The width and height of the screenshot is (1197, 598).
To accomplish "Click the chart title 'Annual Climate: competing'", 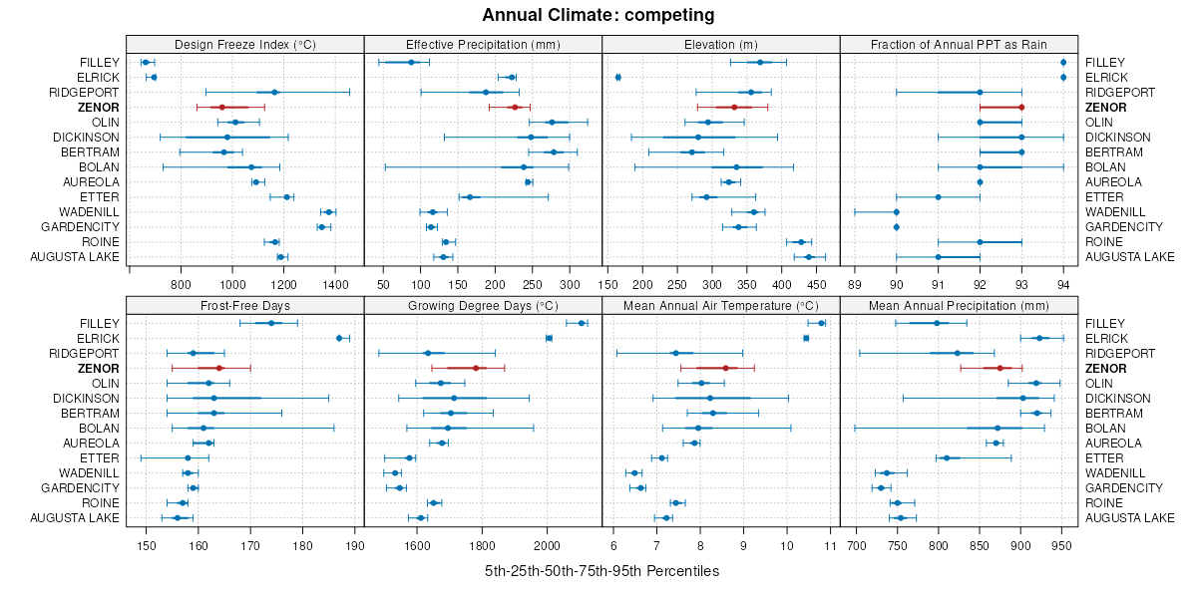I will tap(598, 15).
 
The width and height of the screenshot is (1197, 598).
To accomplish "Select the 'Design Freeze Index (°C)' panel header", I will tap(244, 44).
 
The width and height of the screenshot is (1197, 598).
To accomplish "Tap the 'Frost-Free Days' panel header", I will tap(244, 305).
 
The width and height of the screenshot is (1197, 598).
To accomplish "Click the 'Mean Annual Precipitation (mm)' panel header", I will tap(959, 305).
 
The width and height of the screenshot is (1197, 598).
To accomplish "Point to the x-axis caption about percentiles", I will tap(601, 571).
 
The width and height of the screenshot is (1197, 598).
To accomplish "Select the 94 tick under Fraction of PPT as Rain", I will tap(1063, 284).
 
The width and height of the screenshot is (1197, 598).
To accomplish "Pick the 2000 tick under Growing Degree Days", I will tap(547, 545).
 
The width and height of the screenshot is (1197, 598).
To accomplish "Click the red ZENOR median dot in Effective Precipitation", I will tap(515, 107).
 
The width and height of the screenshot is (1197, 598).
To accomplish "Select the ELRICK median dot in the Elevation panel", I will tap(618, 77).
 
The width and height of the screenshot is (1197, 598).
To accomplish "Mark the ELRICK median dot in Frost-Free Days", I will tap(339, 338).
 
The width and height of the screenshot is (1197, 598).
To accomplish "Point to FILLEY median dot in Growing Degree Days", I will tap(582, 323).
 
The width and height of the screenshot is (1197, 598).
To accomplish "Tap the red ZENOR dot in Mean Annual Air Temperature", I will tap(725, 368).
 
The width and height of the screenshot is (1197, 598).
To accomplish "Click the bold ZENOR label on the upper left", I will tap(101, 107).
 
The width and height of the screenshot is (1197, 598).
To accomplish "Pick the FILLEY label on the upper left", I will tap(100, 62).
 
